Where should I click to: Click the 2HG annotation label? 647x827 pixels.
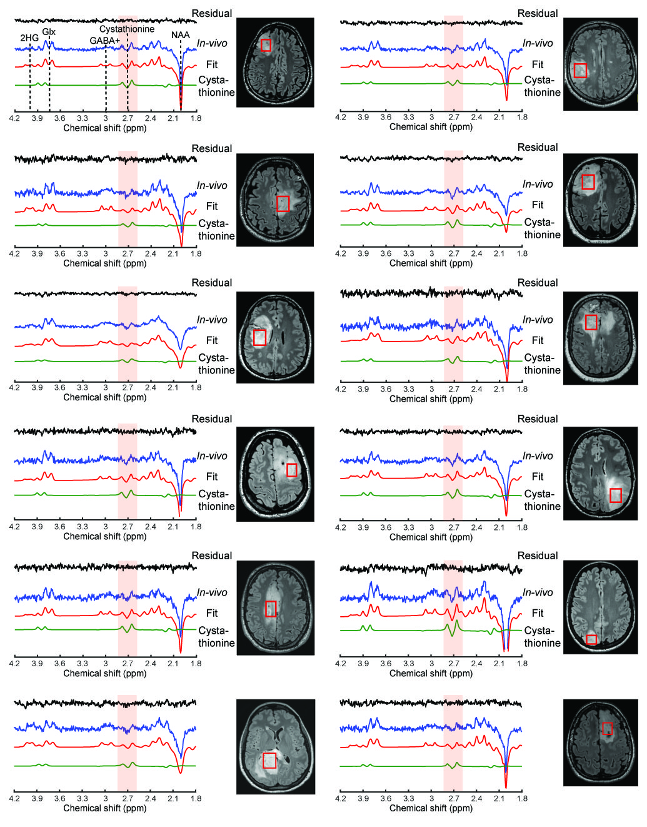coord(29,38)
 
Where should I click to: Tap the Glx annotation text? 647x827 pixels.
coord(49,32)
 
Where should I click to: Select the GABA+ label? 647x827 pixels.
coord(104,41)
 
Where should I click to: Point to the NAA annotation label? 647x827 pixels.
coord(180,36)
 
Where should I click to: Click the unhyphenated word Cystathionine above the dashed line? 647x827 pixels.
coord(127,29)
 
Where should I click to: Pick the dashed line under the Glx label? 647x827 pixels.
coord(49,75)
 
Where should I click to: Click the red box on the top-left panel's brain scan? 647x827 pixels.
coord(266,45)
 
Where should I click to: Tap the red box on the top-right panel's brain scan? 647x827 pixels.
coord(580,70)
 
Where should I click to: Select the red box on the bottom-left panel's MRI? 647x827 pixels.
coord(269,760)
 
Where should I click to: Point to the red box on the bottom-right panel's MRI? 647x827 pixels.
coord(606,729)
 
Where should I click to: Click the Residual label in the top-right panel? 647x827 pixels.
coord(537,14)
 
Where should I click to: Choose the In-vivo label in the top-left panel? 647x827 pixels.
coord(212,43)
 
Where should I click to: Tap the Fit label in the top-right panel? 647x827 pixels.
coord(537,64)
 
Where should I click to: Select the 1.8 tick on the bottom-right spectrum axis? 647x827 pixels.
coord(522,798)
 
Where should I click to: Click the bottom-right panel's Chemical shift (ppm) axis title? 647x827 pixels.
coord(431,808)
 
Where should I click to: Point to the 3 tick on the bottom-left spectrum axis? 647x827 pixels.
coord(105,798)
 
